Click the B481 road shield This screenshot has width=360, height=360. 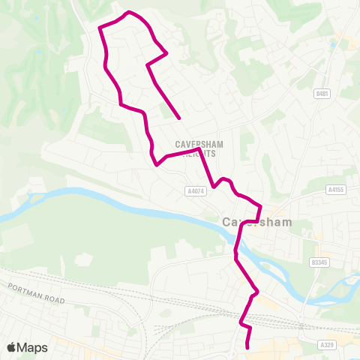pos(322,93)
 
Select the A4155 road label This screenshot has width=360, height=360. pos(335,190)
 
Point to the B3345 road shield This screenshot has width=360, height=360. pos(320,262)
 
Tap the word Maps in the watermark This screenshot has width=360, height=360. pos(33,347)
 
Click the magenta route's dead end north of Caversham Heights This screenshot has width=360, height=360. pos(179,118)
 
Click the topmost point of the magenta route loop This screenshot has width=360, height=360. pos(130,12)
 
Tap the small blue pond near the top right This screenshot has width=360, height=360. pos(334,44)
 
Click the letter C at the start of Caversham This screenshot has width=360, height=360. pos(227,222)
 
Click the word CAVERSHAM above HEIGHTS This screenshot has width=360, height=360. pos(196,144)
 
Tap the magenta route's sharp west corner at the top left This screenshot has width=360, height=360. pos(100,28)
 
